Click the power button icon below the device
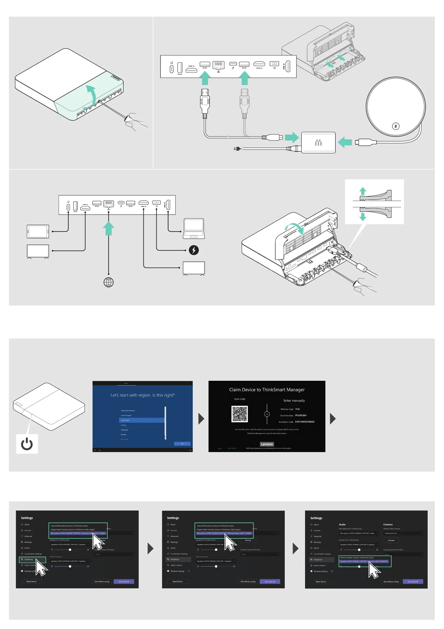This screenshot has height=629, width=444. pyautogui.click(x=27, y=444)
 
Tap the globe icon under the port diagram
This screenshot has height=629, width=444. pyautogui.click(x=109, y=282)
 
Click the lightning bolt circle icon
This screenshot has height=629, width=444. pyautogui.click(x=194, y=250)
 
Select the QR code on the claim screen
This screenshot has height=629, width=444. pyautogui.click(x=240, y=414)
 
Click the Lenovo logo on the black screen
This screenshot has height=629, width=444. pyautogui.click(x=267, y=444)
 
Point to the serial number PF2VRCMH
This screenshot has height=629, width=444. pyautogui.click(x=301, y=416)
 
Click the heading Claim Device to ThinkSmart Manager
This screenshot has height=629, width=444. pyautogui.click(x=267, y=390)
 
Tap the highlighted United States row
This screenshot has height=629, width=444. pyautogui.click(x=142, y=420)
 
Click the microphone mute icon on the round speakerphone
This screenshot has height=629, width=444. pyautogui.click(x=395, y=126)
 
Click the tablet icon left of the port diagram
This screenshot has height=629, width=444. pyautogui.click(x=38, y=232)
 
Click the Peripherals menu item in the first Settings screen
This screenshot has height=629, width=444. pyautogui.click(x=29, y=559)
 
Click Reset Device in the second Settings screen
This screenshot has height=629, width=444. pyautogui.click(x=177, y=581)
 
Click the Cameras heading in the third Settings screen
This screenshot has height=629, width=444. pyautogui.click(x=388, y=525)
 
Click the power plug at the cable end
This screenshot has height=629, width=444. pyautogui.click(x=237, y=149)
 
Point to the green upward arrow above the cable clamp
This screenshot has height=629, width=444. pyautogui.click(x=363, y=191)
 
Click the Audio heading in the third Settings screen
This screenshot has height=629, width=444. pyautogui.click(x=342, y=525)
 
